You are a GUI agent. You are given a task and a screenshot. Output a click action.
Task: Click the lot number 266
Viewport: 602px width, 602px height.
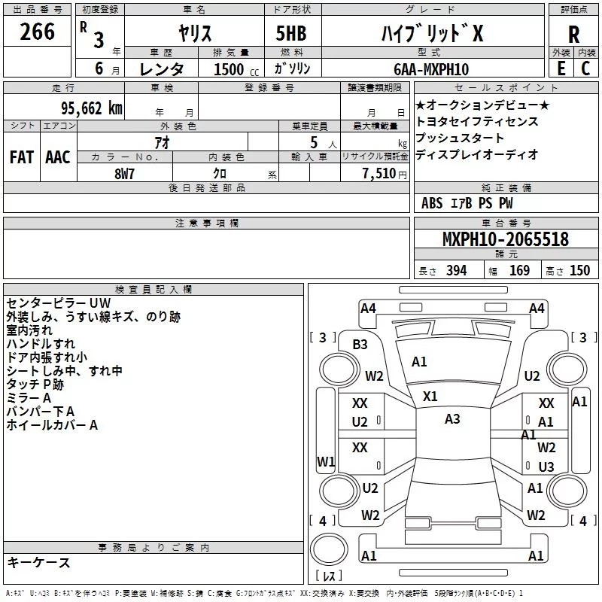tap(37, 31)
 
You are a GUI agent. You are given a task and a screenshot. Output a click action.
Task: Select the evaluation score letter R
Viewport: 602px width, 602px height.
tap(573, 35)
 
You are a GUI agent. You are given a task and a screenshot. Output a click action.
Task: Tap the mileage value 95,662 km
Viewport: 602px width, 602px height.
tap(92, 108)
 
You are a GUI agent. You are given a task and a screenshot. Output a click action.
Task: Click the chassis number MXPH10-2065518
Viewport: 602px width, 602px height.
tap(505, 239)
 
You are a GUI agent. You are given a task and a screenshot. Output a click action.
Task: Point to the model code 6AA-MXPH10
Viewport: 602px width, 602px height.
tap(431, 69)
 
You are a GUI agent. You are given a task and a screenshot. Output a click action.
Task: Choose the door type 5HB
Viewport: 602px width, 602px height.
tap(291, 33)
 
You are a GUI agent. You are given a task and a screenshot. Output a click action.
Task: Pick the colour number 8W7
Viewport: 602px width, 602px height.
tap(124, 174)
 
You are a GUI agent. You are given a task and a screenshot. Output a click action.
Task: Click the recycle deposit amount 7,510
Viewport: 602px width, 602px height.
tap(379, 173)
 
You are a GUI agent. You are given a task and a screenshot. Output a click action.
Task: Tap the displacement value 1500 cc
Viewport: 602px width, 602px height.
tap(236, 69)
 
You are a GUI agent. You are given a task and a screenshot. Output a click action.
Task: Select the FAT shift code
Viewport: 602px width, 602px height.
tap(22, 157)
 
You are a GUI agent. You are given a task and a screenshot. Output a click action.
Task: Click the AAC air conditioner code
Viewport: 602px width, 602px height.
tap(58, 157)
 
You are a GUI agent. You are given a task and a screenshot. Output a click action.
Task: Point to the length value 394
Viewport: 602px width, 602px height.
tap(457, 270)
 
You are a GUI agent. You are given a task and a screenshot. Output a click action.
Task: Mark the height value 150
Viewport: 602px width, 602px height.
tap(579, 270)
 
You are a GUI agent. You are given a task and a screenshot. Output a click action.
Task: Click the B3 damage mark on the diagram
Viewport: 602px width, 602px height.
tap(360, 345)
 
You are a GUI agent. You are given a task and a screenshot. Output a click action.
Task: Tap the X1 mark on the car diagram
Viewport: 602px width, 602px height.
tap(430, 397)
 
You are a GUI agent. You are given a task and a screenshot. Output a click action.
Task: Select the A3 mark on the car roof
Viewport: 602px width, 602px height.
tap(452, 419)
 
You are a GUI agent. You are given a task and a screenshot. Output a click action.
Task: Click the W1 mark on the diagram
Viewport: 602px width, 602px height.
tap(326, 461)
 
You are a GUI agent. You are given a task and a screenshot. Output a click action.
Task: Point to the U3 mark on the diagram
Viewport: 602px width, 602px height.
tap(546, 467)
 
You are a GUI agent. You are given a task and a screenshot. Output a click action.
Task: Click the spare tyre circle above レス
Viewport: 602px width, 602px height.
tap(329, 549)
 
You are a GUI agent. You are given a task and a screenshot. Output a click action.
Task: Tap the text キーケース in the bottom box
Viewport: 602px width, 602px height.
tap(39, 562)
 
